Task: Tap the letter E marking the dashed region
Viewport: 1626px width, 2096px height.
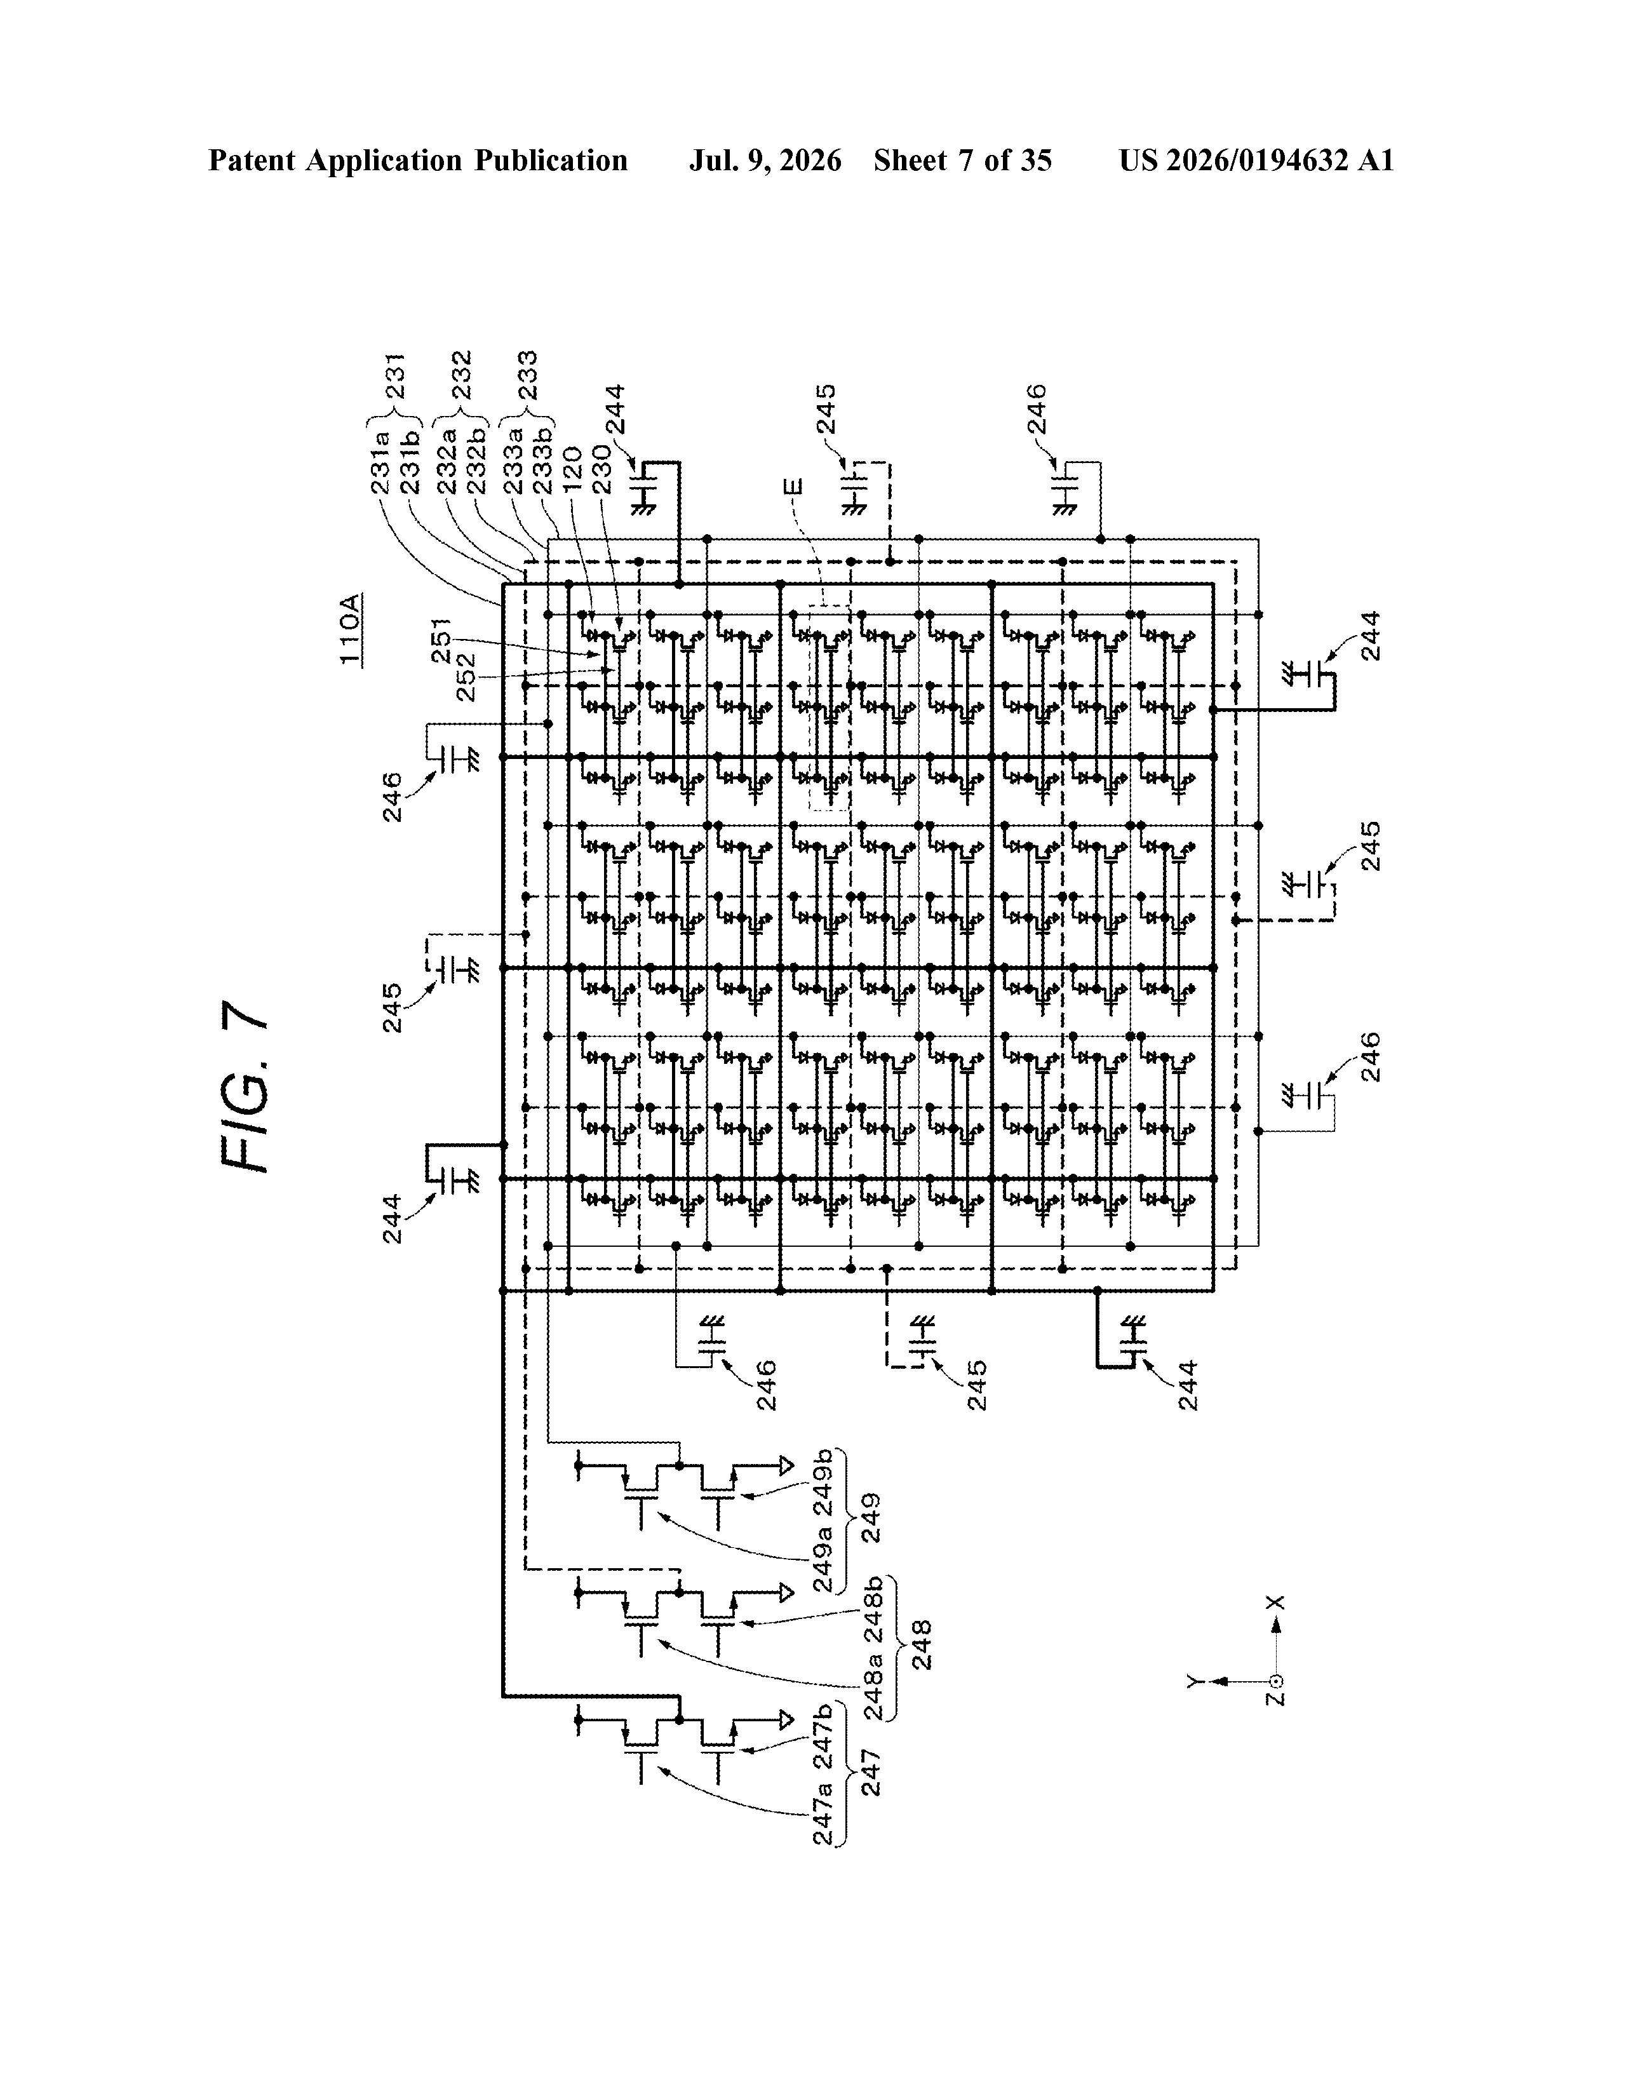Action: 792,488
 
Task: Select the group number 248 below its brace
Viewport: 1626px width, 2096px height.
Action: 922,1645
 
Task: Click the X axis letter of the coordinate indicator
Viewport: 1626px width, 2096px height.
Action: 1275,1602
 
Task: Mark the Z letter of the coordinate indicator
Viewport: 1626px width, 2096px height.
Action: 1275,1698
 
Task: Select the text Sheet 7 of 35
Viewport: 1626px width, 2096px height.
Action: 963,160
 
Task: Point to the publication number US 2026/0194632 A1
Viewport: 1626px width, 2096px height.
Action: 1256,160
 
